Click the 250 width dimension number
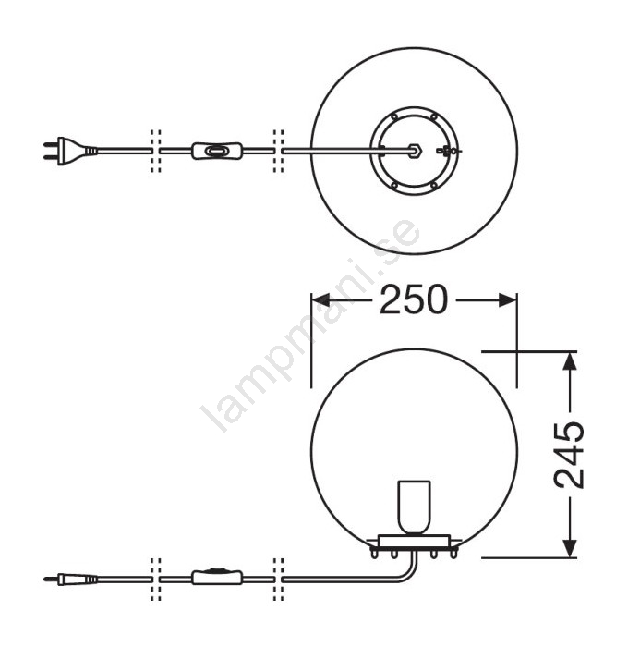coord(414,299)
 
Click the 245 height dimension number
coord(569,455)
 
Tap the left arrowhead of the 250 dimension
coord(320,300)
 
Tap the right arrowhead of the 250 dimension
coord(507,300)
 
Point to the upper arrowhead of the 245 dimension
coord(570,361)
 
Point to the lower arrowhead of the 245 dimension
coord(570,548)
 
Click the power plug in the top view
coord(70,151)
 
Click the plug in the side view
coord(70,580)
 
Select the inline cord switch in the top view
coord(217,151)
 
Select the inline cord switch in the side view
coord(217,577)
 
